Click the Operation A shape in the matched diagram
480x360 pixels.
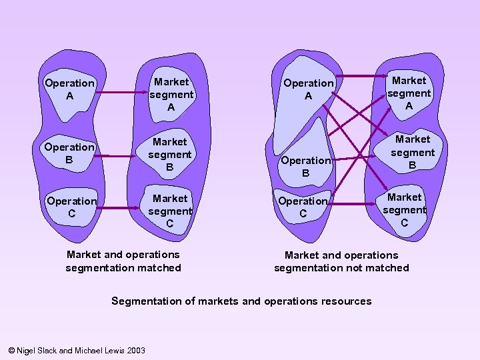[69, 90]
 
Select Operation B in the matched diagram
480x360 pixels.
[69, 153]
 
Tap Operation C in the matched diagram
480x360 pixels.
[71, 207]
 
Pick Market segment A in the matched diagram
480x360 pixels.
[171, 94]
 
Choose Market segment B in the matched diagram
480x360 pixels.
[170, 154]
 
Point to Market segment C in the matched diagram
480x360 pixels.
[170, 211]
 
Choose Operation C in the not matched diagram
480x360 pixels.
[303, 207]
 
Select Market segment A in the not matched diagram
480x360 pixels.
[409, 93]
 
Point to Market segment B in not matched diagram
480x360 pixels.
[412, 152]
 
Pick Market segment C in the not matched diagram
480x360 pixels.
[404, 210]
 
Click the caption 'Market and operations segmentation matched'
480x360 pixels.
[123, 261]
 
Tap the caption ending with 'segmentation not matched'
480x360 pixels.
[341, 261]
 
